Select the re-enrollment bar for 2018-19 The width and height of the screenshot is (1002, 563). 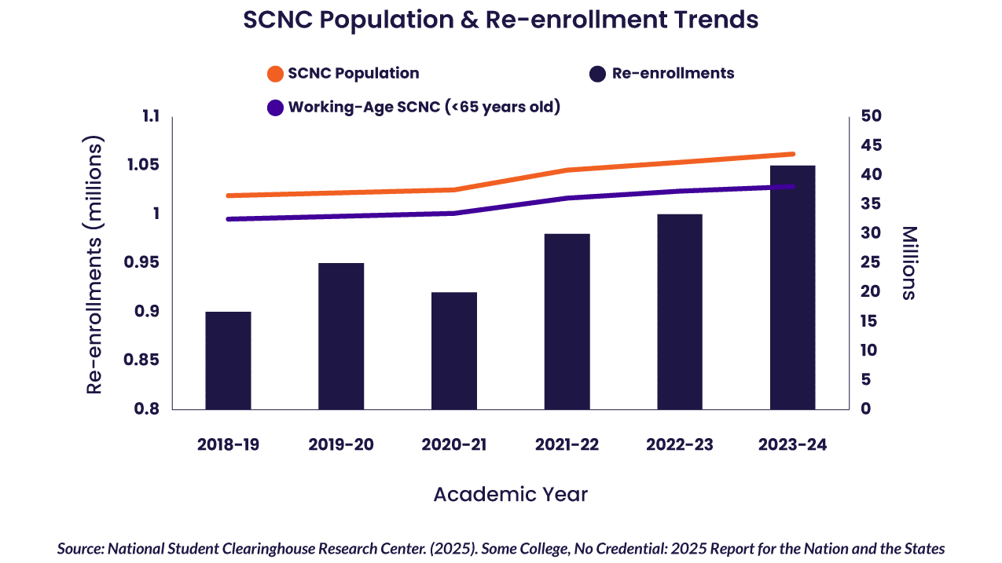coord(228,360)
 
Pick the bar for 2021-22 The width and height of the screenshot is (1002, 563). coord(567,321)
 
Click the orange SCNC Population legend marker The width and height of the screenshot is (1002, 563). coord(275,74)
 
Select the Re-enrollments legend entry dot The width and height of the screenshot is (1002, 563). coord(597,74)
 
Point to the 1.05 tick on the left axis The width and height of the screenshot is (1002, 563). coord(145,165)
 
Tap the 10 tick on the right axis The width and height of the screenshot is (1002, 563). coord(865,350)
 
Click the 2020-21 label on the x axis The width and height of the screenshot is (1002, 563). coord(454,444)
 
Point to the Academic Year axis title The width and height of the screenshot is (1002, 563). coord(510,495)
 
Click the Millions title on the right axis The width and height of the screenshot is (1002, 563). coord(908,263)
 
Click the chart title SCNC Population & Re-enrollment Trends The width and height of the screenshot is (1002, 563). coord(501,20)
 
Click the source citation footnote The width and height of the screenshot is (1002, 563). coord(501,549)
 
